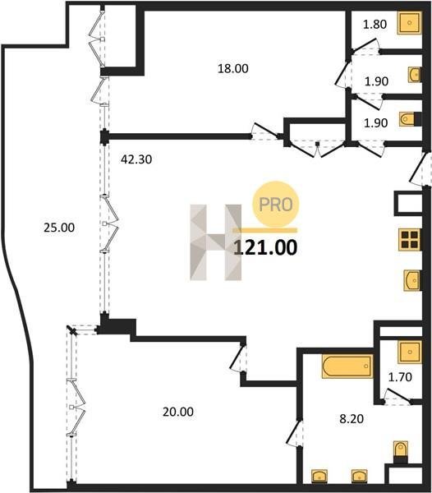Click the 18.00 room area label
pos(232,68)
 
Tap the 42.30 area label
pos(136,159)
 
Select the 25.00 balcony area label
pos(59,228)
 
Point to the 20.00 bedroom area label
pos(178,412)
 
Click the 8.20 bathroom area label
pos(352,418)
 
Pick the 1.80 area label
pos(375,24)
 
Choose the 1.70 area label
pos(400,376)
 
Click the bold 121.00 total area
pos(265,247)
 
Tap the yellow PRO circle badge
pos(275,205)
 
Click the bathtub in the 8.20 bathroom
pos(347,366)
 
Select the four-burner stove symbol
pos(409,240)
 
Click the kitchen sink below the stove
pos(412,280)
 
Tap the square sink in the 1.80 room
pos(409,23)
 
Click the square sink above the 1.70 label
pos(410,352)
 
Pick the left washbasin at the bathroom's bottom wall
pos(319,476)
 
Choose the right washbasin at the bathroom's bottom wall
pos(360,476)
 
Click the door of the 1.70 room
pos(398,395)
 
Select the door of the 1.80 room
pos(365,46)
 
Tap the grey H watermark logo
pos(215,242)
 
